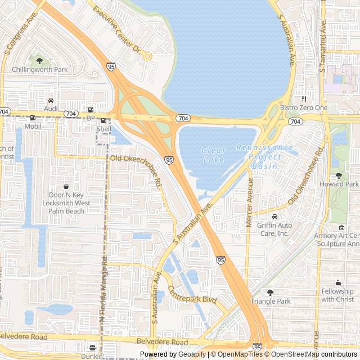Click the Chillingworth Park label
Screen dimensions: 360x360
39,70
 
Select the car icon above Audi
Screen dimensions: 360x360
51,100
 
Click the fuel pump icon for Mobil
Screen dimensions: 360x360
33,118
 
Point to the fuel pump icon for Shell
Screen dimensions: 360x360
103,120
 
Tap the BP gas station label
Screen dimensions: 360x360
91,118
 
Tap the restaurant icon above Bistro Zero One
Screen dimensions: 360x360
304,99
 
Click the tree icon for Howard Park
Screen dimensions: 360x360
339,175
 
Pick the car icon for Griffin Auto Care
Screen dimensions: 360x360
274,217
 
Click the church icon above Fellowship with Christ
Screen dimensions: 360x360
337,282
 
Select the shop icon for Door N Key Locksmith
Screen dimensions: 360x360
66,186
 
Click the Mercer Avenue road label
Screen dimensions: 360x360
250,203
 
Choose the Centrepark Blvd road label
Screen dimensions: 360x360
192,294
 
